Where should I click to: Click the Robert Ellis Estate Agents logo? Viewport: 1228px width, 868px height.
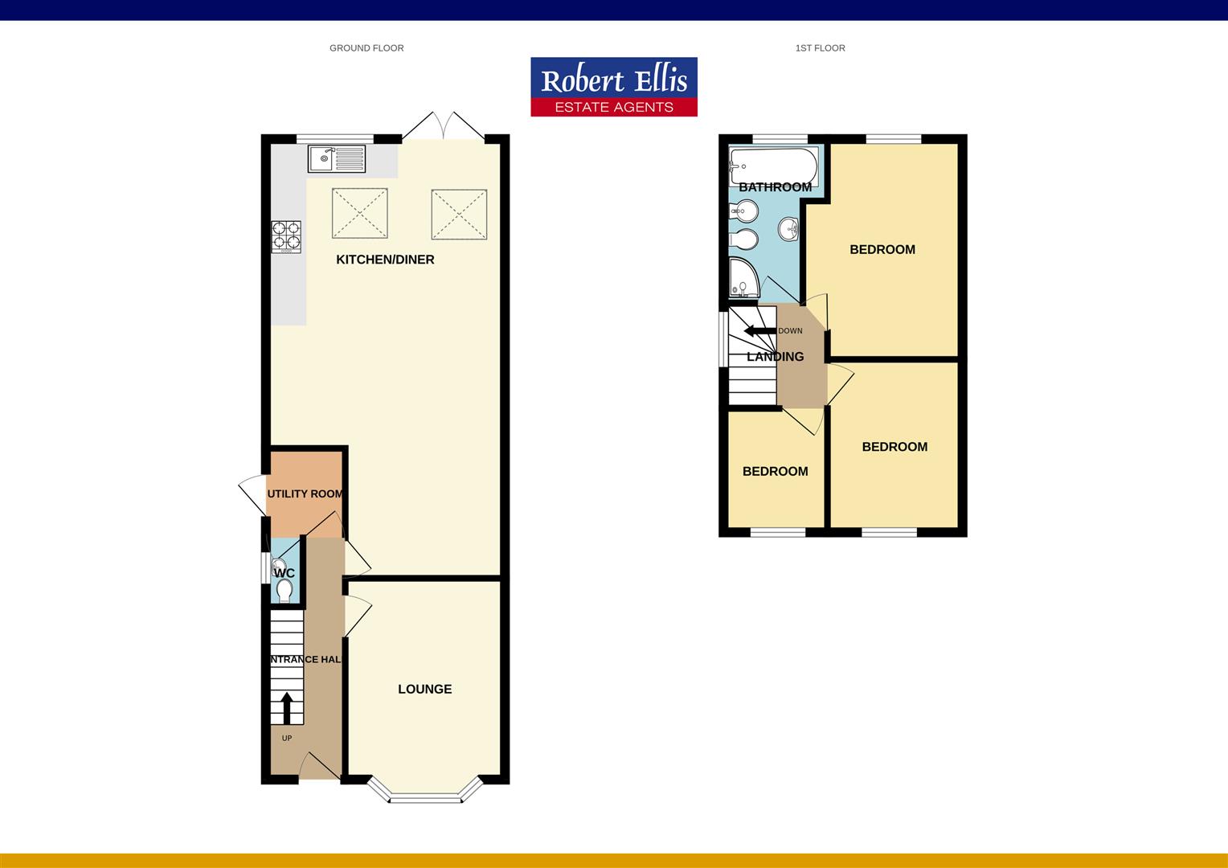tap(613, 87)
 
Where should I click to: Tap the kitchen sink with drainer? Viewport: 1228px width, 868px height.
tap(336, 158)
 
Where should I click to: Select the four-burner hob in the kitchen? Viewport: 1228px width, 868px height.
tap(287, 236)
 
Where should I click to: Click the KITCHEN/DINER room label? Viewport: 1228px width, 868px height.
tap(385, 260)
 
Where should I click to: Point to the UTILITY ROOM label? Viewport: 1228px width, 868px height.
tap(305, 493)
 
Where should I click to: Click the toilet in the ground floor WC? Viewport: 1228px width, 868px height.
tap(284, 591)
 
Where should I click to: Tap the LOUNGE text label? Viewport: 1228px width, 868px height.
tap(424, 689)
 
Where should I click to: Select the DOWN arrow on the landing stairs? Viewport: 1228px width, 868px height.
tap(759, 331)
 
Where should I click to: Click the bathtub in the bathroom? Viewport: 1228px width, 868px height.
tap(772, 166)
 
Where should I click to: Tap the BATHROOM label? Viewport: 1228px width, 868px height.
tap(775, 187)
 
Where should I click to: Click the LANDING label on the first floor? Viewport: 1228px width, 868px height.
tap(775, 357)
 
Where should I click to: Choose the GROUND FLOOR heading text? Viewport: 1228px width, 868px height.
tap(366, 48)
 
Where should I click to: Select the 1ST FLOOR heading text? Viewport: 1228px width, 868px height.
tap(820, 48)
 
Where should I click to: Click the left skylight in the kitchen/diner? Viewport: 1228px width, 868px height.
tap(359, 213)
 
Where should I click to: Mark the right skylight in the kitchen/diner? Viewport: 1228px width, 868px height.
tap(459, 214)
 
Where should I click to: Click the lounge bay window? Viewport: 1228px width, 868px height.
tap(425, 796)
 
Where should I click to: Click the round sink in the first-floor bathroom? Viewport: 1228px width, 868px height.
tap(788, 229)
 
